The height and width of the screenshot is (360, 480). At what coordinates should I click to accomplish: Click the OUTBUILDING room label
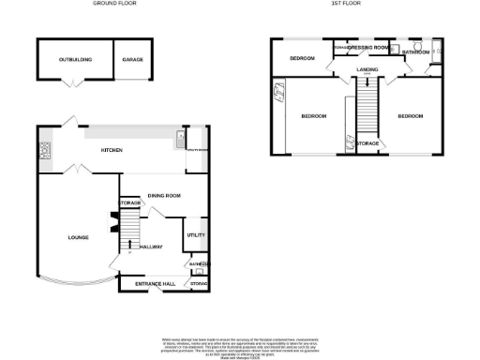75,59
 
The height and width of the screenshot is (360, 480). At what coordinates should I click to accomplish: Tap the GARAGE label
132,59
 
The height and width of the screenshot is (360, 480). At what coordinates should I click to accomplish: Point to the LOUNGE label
78,238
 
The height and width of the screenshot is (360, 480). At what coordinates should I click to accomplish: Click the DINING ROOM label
163,195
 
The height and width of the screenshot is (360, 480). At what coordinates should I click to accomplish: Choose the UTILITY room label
195,235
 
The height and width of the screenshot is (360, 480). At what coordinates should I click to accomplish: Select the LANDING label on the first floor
367,68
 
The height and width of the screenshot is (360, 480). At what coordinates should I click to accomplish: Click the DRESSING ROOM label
368,47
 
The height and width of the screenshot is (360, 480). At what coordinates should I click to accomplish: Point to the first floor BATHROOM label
415,52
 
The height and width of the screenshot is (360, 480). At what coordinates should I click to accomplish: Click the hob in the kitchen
44,150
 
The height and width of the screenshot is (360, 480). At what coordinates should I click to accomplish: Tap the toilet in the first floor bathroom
396,49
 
